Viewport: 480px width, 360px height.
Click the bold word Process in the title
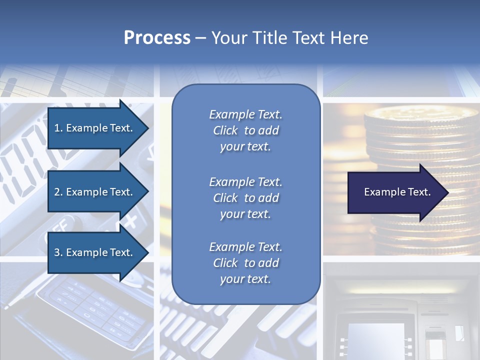tap(157, 38)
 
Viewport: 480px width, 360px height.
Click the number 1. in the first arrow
tap(58, 128)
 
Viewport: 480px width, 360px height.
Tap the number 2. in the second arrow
tap(58, 192)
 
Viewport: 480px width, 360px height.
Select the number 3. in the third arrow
tap(58, 252)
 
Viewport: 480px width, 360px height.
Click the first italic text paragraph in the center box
tap(245, 130)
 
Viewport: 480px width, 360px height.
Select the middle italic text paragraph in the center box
tap(245, 198)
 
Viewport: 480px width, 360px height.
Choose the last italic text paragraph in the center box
tap(245, 263)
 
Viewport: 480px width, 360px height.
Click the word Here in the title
tap(349, 38)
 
